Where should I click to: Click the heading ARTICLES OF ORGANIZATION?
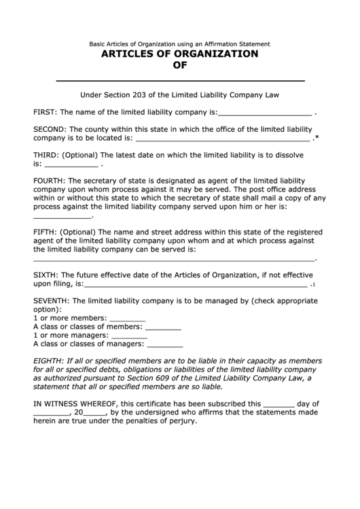[179, 54]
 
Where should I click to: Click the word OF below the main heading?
[179, 66]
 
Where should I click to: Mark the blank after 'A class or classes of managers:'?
[165, 345]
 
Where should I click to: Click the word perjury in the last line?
[180, 421]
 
